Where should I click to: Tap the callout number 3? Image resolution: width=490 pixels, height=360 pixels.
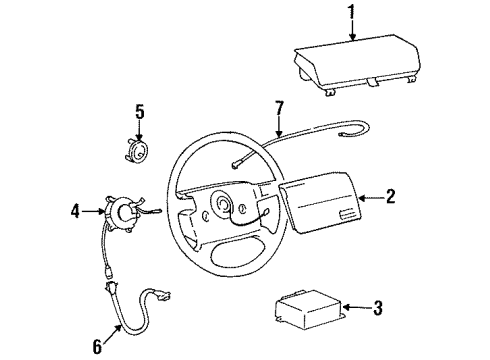click(378, 309)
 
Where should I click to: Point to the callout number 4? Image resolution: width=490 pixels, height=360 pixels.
click(76, 211)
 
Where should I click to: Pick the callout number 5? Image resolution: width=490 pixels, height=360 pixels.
click(141, 111)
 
